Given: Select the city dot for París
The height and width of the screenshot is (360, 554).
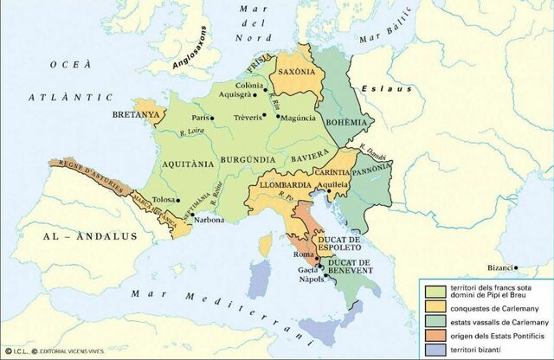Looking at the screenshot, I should coord(216,117).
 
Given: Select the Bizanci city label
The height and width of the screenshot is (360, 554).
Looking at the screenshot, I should coord(502,267).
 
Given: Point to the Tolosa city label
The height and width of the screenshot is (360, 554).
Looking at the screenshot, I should coord(164,199).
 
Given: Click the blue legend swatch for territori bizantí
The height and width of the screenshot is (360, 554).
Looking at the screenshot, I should coord(431,349).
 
